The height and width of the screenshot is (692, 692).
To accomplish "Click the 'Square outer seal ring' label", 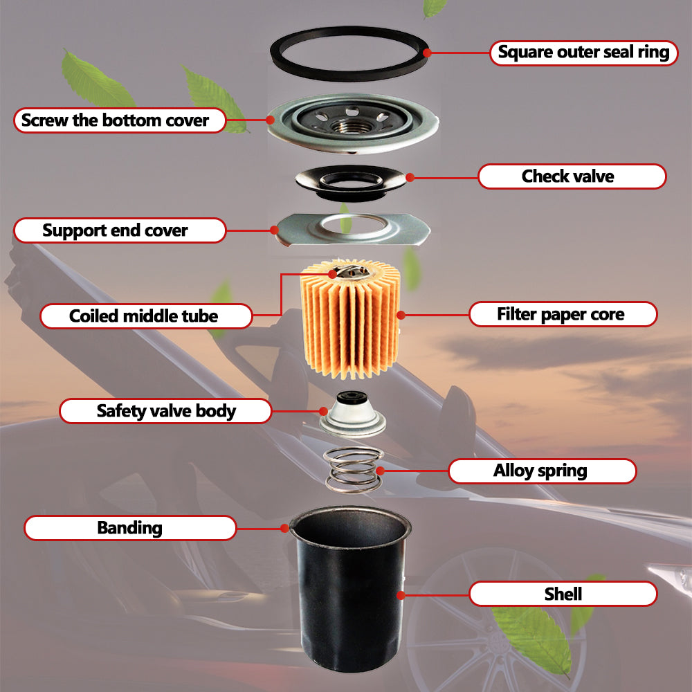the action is pyautogui.click(x=584, y=53).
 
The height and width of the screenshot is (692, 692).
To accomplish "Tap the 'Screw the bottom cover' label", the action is pyautogui.click(x=120, y=120).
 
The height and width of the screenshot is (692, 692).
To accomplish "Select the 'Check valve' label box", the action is pyautogui.click(x=572, y=176).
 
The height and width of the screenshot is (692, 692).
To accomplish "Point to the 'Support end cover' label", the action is pyautogui.click(x=120, y=230).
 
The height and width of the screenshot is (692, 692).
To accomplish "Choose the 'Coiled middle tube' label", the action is pyautogui.click(x=146, y=316).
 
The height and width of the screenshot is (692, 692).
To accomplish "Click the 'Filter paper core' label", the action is pyautogui.click(x=563, y=314).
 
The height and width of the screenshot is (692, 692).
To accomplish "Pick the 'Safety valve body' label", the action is pyautogui.click(x=165, y=411).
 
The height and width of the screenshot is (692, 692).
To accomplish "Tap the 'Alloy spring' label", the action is pyautogui.click(x=543, y=471).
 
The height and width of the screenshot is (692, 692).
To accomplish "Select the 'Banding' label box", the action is pyautogui.click(x=130, y=528).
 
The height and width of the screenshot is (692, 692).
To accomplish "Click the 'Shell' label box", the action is pyautogui.click(x=563, y=594).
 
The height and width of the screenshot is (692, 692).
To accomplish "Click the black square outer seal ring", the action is pyautogui.click(x=349, y=75).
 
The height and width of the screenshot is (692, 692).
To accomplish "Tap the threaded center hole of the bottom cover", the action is pyautogui.click(x=352, y=125).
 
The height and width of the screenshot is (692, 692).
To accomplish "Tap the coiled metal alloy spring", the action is pyautogui.click(x=353, y=469).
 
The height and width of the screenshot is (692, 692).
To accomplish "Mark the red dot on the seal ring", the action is pyautogui.click(x=427, y=53).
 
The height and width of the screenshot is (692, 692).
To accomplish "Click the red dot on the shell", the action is pyautogui.click(x=401, y=595).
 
